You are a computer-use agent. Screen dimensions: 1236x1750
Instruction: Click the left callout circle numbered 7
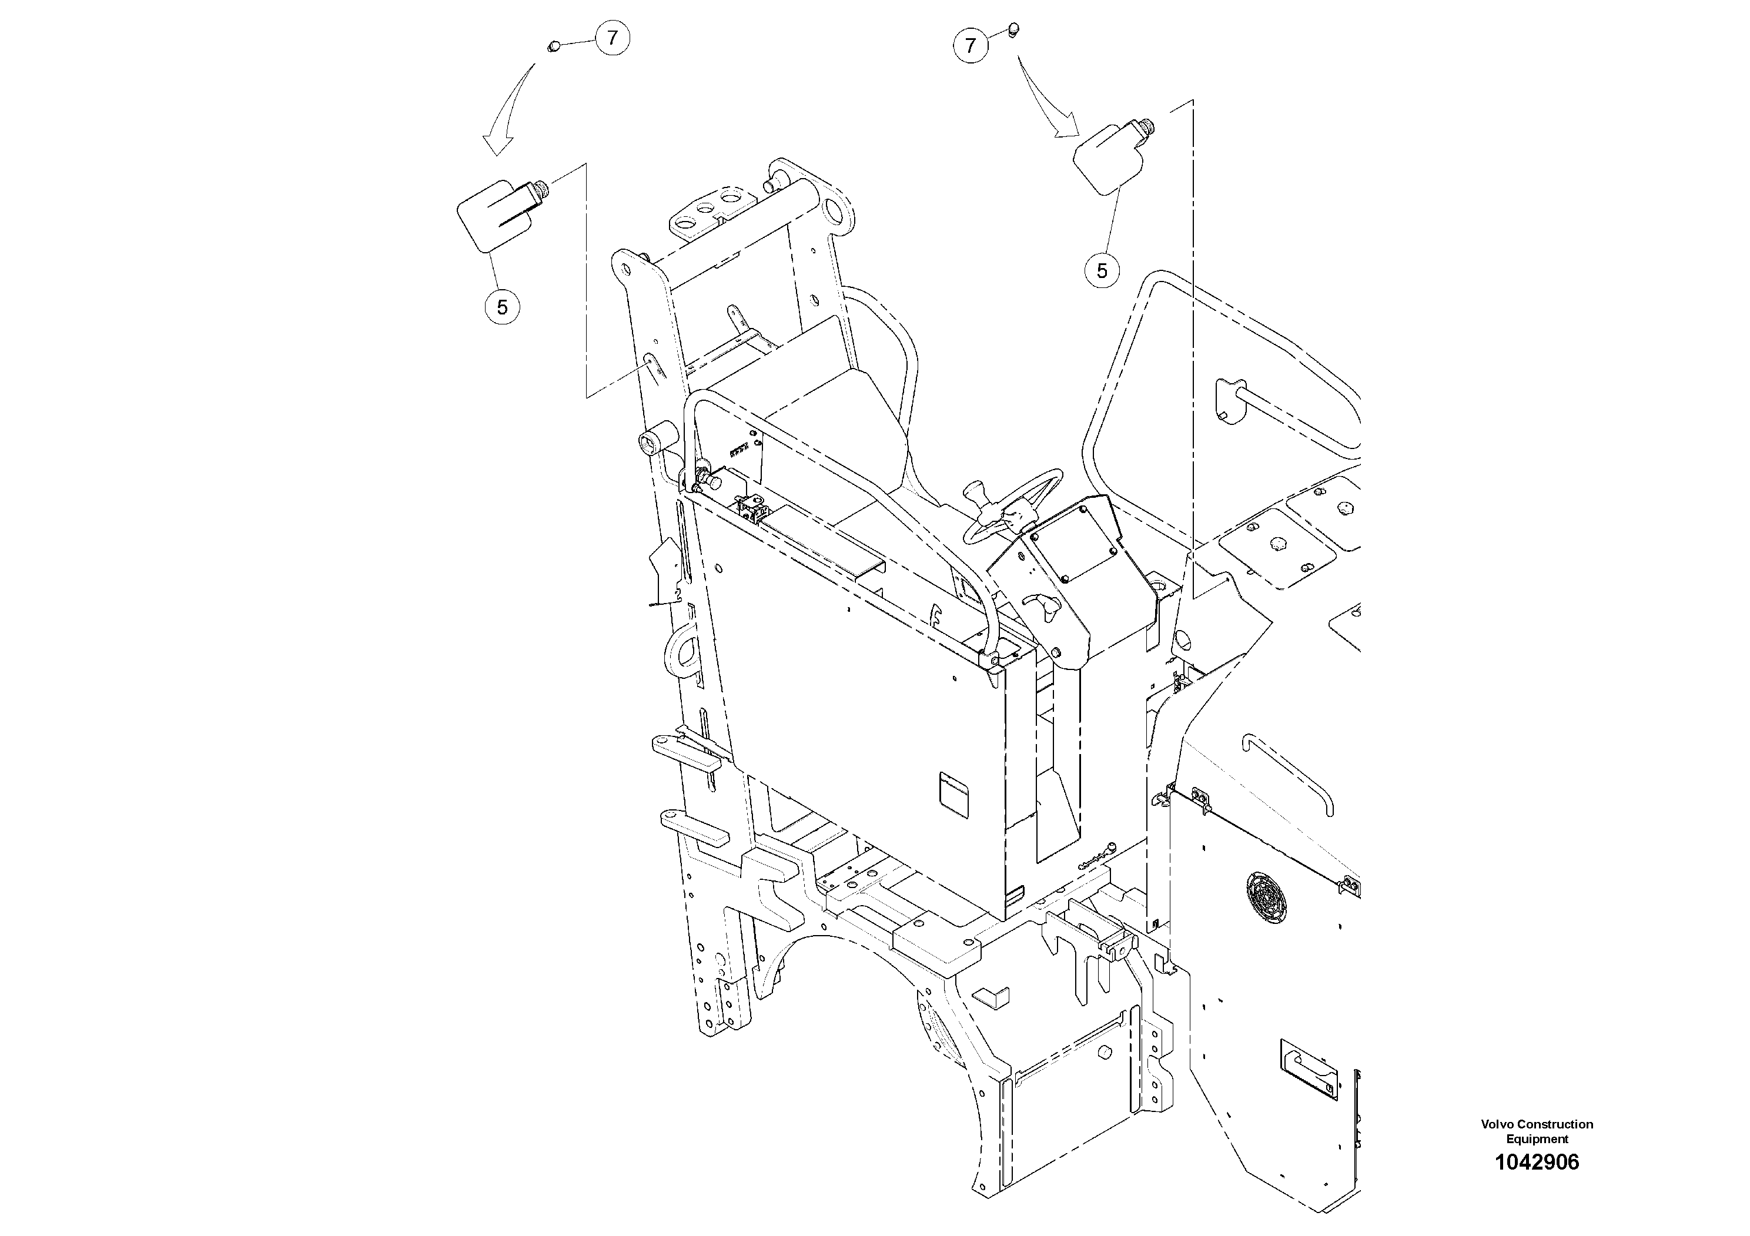[612, 38]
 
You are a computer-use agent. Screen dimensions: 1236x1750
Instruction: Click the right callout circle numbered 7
[971, 46]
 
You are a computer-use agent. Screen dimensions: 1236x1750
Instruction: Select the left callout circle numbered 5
[502, 307]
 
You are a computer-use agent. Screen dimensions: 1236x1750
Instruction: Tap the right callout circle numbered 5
[1102, 270]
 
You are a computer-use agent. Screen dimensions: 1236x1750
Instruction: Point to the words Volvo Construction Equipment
[1537, 1131]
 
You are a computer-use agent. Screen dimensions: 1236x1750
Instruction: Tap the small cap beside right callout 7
[1013, 31]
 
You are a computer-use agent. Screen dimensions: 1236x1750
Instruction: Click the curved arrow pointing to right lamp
[1048, 99]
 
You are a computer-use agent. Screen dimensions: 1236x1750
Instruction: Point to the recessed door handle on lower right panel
[1310, 1069]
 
